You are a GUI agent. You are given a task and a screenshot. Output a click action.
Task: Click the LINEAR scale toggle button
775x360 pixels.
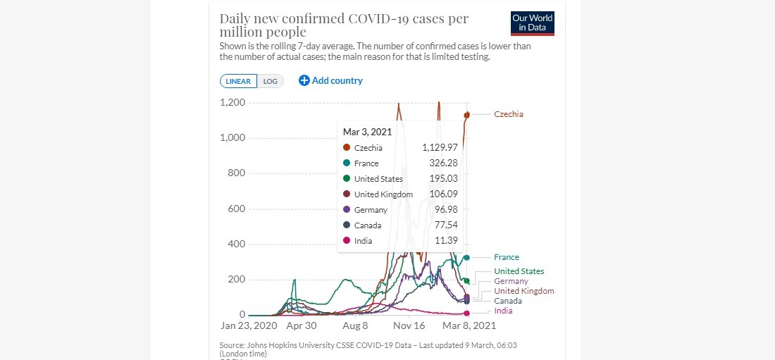[x=238, y=81]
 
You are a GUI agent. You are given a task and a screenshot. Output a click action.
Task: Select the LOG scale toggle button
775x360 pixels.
[x=271, y=81]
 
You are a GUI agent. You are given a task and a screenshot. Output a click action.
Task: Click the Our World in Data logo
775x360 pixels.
[x=532, y=23]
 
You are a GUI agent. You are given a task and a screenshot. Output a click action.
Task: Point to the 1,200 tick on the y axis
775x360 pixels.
[x=232, y=103]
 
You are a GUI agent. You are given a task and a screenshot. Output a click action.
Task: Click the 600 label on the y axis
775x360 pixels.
[x=237, y=209]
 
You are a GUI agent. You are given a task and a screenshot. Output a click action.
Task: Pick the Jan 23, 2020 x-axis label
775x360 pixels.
[x=249, y=326]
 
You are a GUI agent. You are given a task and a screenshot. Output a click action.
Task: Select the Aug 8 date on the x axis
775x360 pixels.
[x=356, y=326]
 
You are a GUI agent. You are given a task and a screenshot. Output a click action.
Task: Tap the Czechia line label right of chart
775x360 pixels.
[x=509, y=114]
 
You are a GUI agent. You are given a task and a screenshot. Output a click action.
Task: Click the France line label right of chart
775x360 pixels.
[x=507, y=258]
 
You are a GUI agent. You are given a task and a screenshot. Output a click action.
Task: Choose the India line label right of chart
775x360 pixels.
[x=503, y=311]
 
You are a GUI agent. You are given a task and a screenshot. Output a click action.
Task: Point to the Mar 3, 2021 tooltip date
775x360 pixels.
[x=368, y=131]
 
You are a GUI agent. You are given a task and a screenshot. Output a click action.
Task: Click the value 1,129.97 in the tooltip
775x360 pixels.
[x=440, y=148]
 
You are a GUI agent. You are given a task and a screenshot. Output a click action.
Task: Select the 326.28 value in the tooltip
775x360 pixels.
[x=445, y=163]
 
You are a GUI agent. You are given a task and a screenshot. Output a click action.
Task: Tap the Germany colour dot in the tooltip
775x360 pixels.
[x=347, y=210]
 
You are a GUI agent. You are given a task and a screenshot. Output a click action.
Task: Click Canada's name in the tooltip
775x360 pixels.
[x=368, y=225]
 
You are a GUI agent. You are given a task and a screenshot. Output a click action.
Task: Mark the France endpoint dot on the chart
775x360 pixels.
[x=466, y=258]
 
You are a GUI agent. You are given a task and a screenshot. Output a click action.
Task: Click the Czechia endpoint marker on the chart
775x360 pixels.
[x=466, y=115]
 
